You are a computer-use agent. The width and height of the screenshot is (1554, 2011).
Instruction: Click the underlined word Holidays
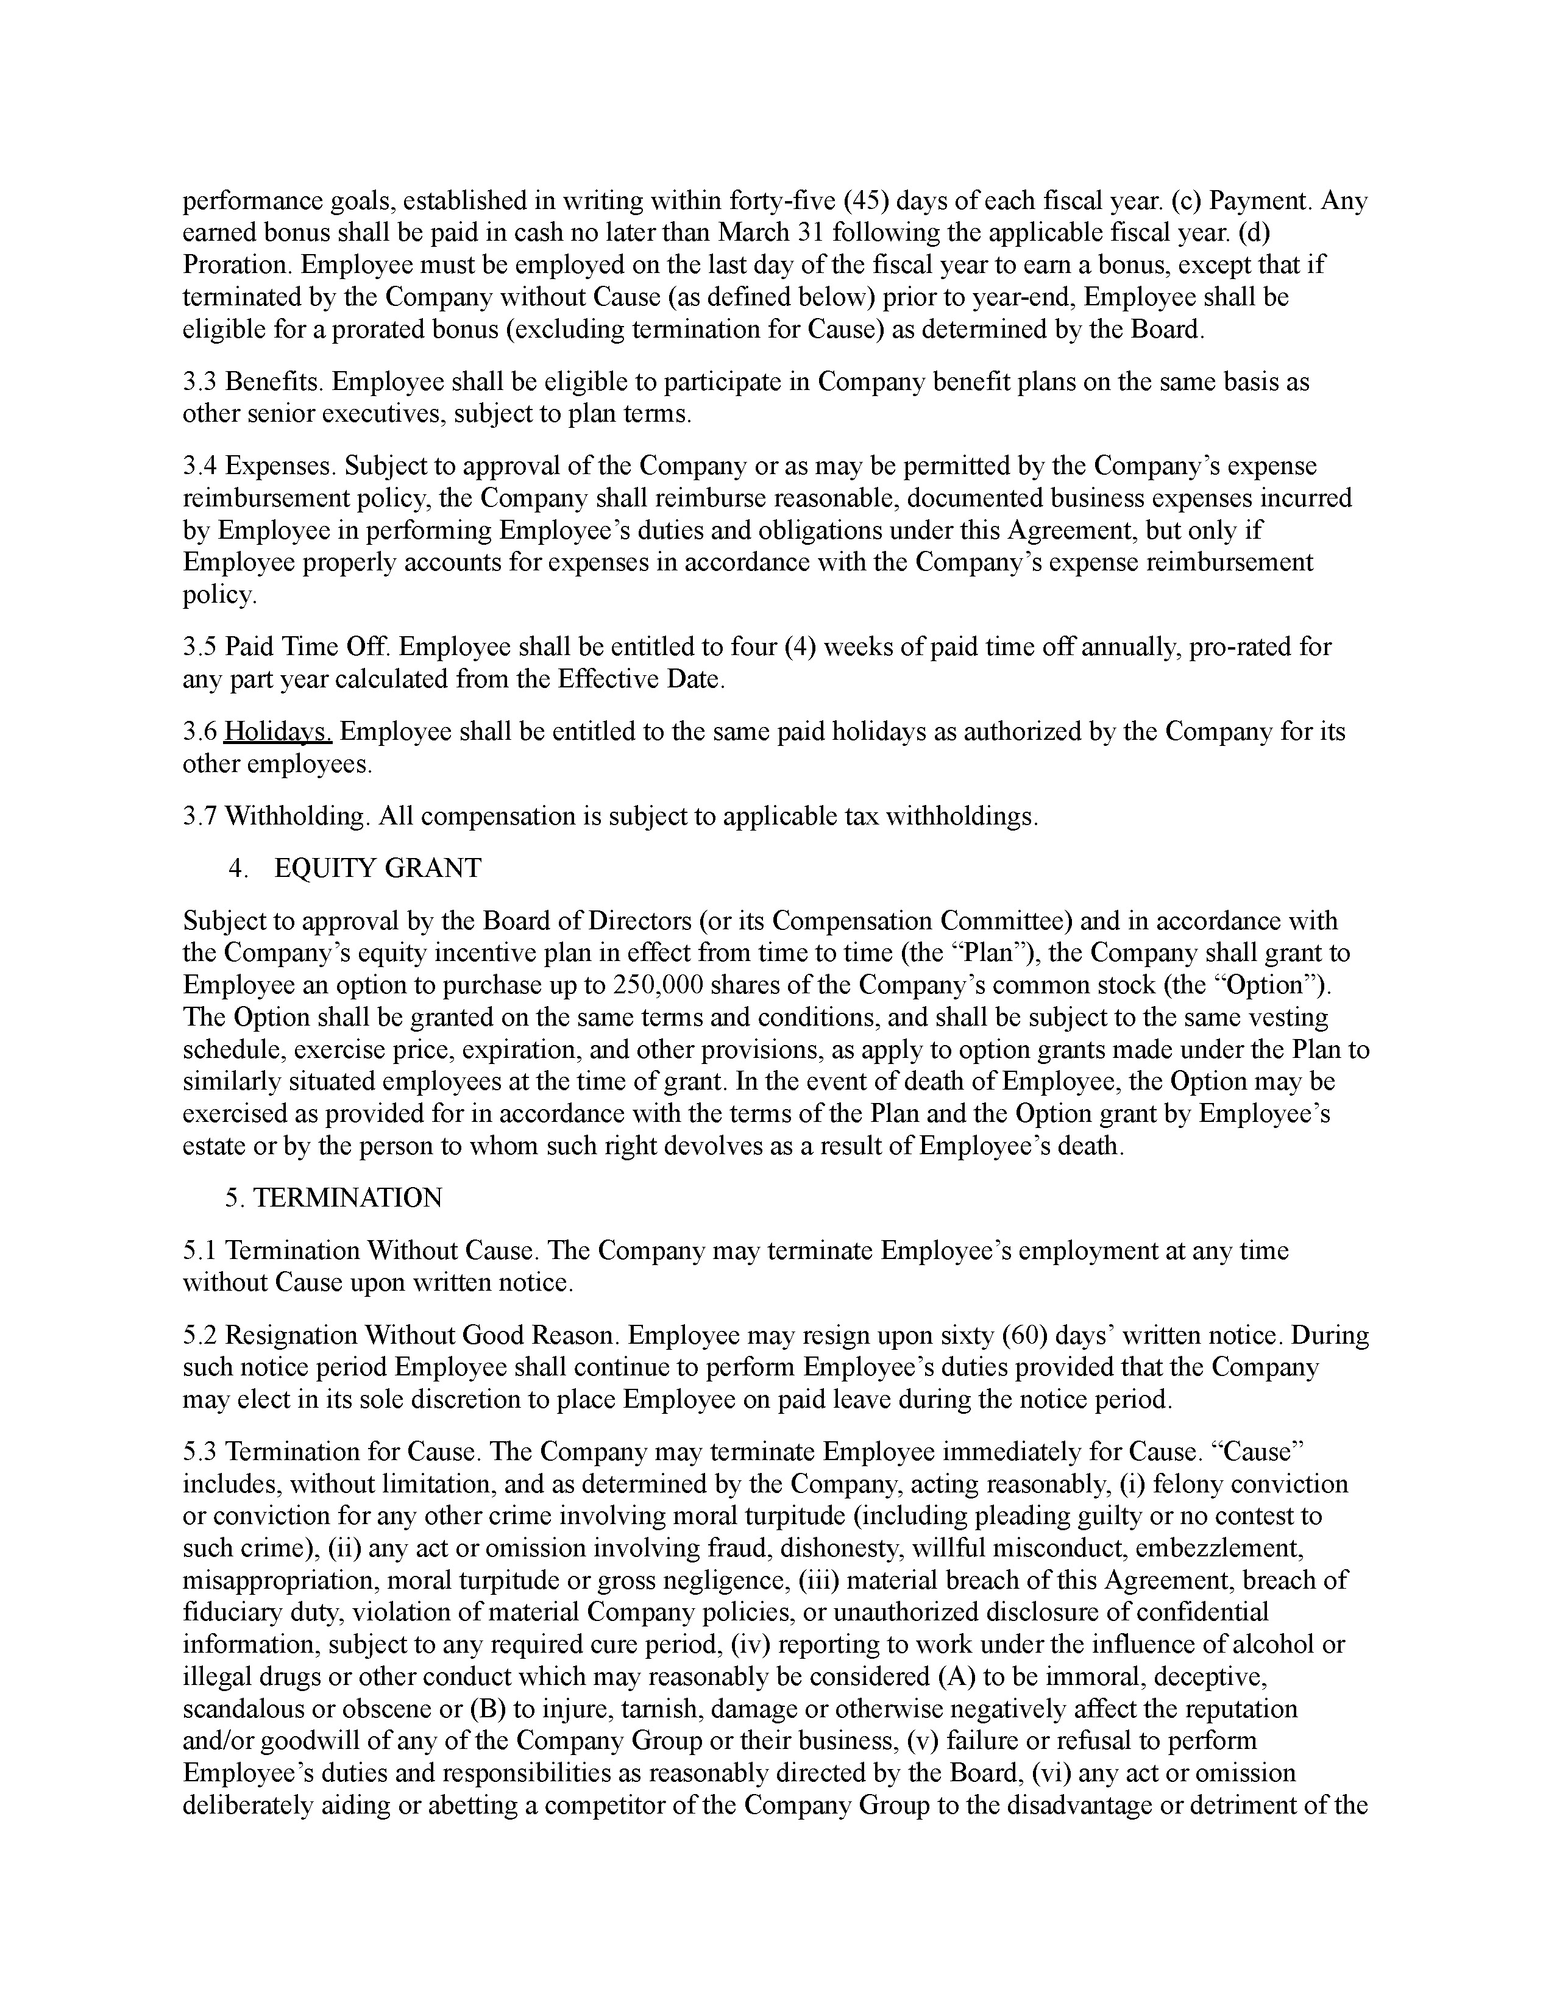278,732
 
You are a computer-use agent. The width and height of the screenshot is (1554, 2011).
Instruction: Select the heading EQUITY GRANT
377,868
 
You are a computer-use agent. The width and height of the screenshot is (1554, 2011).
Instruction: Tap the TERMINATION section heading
347,1198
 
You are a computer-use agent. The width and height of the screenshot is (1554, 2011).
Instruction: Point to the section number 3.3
200,382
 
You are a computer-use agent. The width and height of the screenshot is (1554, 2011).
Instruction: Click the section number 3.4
200,466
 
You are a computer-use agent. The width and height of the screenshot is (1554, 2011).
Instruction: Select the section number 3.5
200,647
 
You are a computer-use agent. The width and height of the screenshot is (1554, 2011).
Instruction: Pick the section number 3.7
200,816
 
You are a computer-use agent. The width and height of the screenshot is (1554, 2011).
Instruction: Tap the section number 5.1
200,1250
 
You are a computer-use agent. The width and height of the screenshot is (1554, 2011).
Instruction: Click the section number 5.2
200,1335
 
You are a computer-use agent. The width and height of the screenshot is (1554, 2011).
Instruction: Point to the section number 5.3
200,1452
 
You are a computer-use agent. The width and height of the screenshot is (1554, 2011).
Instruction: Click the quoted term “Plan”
997,953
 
